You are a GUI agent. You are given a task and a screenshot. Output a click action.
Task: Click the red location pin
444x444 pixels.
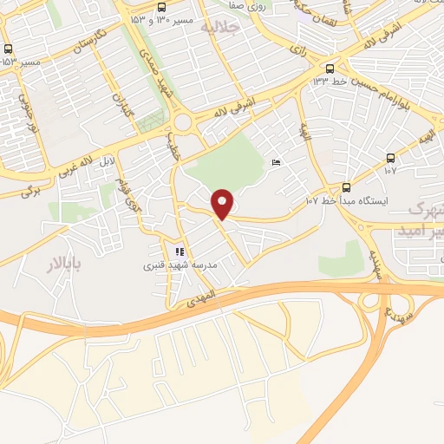click(x=223, y=204)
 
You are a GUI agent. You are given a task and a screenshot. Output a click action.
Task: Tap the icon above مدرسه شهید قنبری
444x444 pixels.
click(x=180, y=251)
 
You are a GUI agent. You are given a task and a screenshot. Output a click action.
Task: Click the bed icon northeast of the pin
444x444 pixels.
click(x=277, y=163)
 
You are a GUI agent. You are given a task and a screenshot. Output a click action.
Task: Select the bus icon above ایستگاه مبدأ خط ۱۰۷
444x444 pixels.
click(x=347, y=187)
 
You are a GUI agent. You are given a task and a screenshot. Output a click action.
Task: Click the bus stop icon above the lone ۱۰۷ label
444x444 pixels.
click(x=390, y=159)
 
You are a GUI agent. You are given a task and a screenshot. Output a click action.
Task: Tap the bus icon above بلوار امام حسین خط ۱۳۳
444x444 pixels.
click(x=330, y=69)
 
